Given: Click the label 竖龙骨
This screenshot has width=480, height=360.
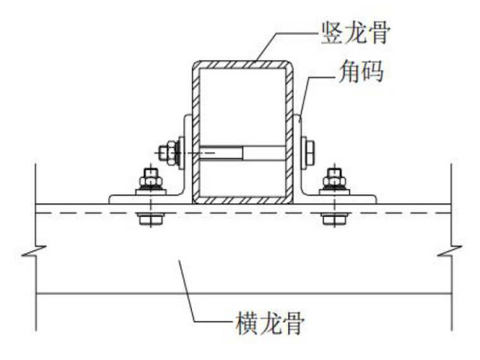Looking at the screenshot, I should (x=354, y=33).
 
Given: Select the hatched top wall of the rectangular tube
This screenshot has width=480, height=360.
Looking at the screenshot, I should (x=243, y=64).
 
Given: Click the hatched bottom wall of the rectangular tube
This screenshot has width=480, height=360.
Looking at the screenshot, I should (x=243, y=200).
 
